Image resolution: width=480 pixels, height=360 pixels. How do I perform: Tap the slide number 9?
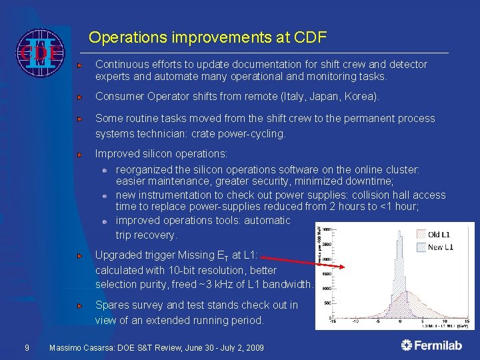coord(26,348)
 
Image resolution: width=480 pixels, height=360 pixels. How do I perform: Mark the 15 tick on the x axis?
coord(466,321)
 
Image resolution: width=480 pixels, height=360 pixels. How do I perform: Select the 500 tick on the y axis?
coord(328,303)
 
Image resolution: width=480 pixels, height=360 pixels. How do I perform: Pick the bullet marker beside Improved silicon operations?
coord(79,154)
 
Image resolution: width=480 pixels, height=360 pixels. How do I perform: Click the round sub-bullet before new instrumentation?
coord(105,196)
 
